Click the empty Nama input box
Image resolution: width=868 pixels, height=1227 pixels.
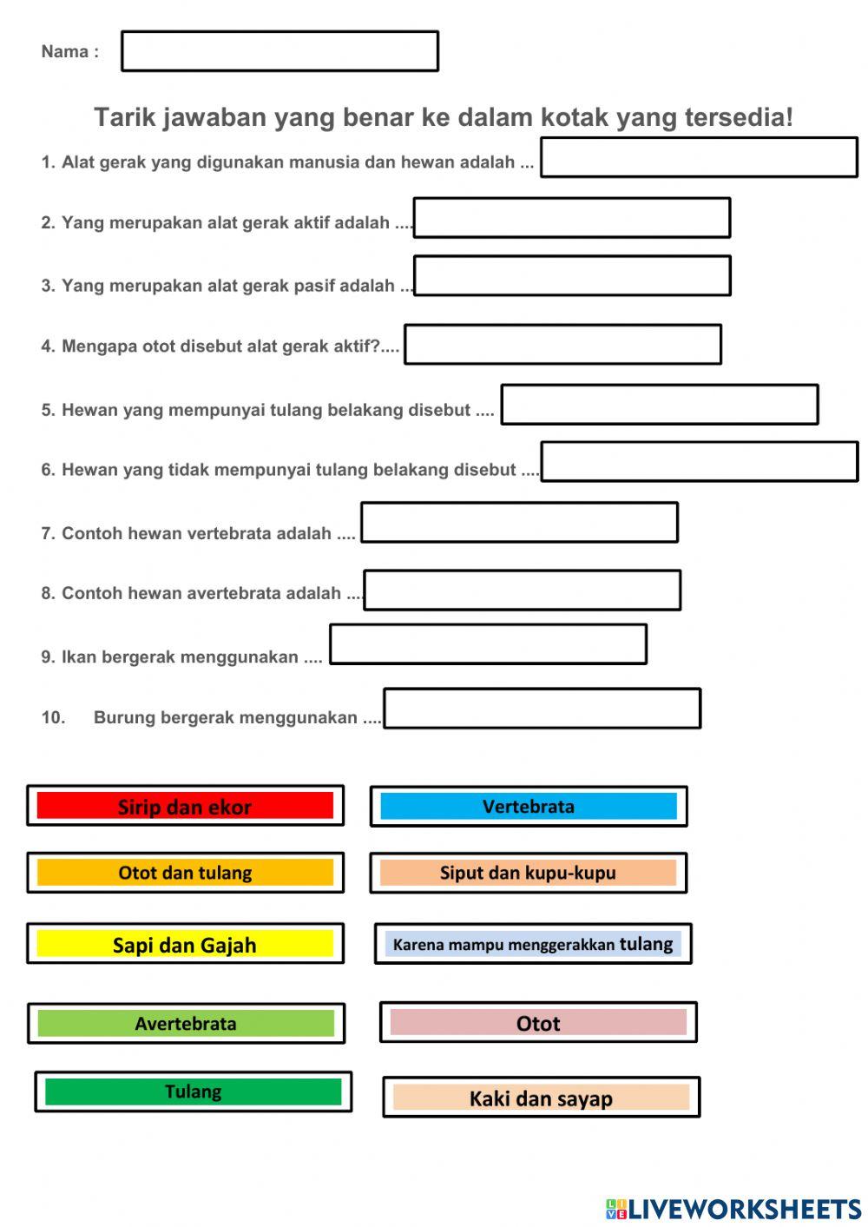279,51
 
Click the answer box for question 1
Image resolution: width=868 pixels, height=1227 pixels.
699,157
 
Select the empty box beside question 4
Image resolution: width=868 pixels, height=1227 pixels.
562,345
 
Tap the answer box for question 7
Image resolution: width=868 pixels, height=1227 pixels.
519,523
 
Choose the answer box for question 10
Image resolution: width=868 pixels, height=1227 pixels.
542,709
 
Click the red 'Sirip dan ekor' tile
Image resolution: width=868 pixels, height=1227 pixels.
185,806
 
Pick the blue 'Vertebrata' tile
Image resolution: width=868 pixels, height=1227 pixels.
528,806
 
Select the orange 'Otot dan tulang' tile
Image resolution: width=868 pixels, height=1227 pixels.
185,873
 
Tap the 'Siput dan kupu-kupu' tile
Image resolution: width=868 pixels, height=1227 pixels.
528,873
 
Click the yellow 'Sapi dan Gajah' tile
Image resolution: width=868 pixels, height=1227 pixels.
185,944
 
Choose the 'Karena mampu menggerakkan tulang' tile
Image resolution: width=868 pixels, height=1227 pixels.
533,944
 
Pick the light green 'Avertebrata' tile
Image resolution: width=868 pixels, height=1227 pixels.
186,1023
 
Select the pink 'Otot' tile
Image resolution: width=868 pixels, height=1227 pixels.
538,1023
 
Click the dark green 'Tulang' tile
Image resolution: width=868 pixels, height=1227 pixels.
193,1092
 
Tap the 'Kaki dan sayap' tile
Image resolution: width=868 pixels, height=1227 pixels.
541,1098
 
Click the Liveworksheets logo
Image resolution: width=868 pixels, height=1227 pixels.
733,1209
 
